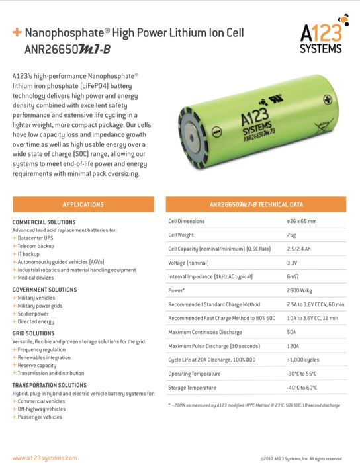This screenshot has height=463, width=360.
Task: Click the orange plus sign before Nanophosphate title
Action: pyautogui.click(x=17, y=32)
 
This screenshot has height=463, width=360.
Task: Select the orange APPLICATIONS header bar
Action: pyautogui.click(x=83, y=204)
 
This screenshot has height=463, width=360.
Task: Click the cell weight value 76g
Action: pyautogui.click(x=291, y=235)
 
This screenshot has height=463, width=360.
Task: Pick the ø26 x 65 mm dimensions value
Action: pyautogui.click(x=302, y=221)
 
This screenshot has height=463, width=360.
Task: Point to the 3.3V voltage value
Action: pyautogui.click(x=292, y=263)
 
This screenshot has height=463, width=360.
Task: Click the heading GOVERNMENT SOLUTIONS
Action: pyautogui.click(x=45, y=290)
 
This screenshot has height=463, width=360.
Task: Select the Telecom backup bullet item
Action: pyautogui.click(x=36, y=245)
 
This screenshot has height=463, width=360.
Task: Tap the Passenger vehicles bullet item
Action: pyautogui.click(x=41, y=417)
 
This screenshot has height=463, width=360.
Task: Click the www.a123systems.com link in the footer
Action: pyautogui.click(x=44, y=458)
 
